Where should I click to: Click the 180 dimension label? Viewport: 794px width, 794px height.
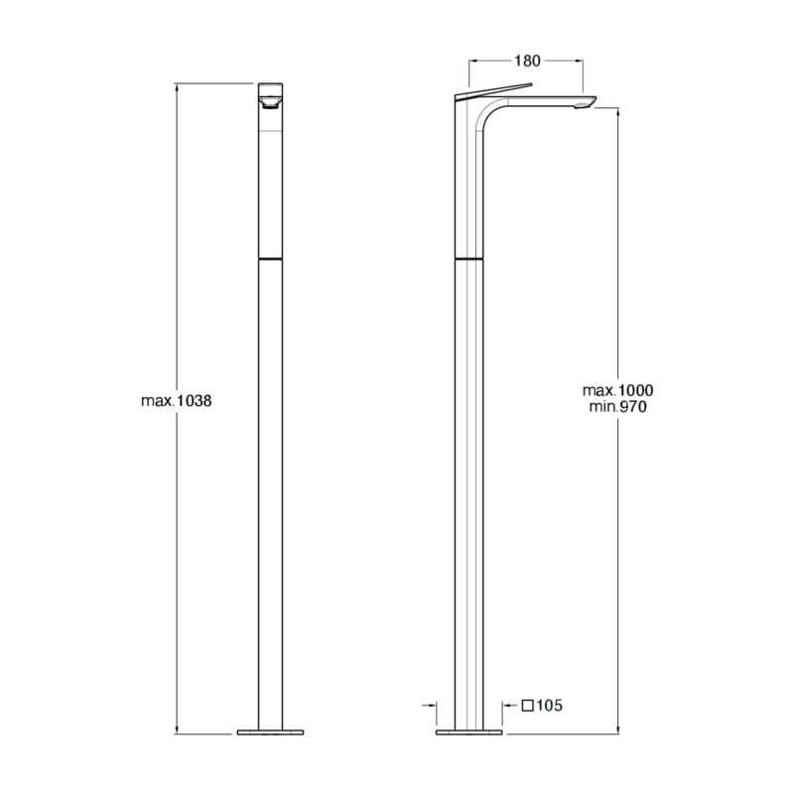point(527,61)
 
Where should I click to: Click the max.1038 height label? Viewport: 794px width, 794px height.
point(177,401)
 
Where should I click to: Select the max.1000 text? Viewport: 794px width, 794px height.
point(617,390)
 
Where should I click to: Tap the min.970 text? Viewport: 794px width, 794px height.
point(617,407)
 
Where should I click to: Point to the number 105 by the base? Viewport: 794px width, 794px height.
point(550,706)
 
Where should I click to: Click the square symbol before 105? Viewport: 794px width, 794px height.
point(528,706)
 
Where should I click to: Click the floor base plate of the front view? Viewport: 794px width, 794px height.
point(270,731)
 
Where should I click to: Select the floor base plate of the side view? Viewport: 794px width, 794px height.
point(468,731)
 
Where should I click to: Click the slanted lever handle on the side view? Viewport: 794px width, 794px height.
point(494,90)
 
